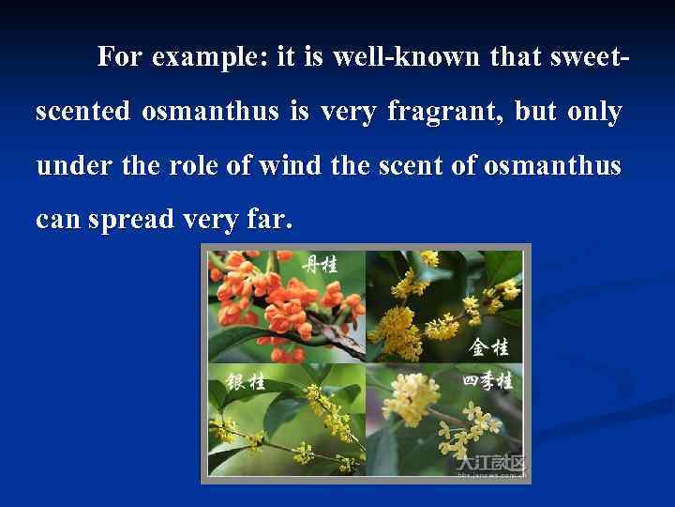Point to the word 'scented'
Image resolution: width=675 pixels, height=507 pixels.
tap(83, 113)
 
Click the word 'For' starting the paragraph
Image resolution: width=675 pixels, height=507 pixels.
tap(120, 58)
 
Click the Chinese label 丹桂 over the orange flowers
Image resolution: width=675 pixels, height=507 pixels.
tap(319, 264)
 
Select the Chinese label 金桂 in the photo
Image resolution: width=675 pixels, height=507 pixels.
tap(488, 346)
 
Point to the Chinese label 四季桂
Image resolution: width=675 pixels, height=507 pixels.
tap(487, 381)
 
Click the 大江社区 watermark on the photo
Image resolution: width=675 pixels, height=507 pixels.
tap(490, 464)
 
